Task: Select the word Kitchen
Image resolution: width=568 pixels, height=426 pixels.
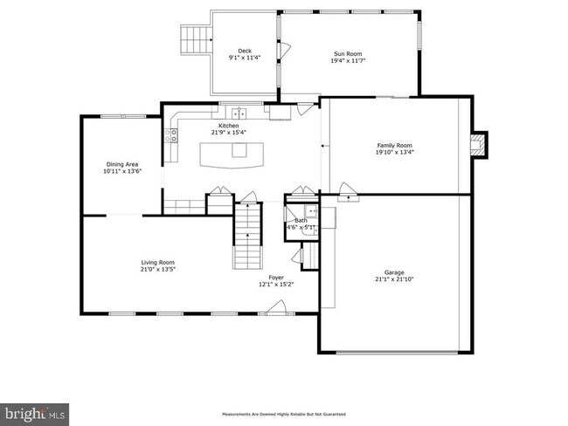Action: point(228,126)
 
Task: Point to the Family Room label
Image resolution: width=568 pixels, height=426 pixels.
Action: point(394,145)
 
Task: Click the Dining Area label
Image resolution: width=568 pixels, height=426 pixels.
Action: point(122,164)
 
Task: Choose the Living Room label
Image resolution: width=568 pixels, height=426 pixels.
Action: point(158,263)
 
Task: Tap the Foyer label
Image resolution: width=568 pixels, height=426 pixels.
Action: point(276,278)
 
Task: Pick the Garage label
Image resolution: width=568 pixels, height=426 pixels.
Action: point(394,271)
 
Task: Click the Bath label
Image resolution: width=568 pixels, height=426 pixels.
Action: point(300,221)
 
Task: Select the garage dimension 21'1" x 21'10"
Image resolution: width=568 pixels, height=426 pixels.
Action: point(394,279)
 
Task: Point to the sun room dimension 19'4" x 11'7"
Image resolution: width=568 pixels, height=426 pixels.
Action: point(347,60)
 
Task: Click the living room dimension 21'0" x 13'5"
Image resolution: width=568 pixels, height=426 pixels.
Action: point(158,270)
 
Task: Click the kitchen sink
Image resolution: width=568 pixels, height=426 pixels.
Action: point(238,113)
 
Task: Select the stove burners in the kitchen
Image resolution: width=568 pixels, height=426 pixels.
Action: point(172,134)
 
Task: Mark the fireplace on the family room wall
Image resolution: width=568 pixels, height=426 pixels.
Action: point(477,145)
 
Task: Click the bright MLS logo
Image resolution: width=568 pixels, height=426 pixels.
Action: point(35,411)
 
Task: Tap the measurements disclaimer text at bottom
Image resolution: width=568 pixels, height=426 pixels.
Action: point(284,414)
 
